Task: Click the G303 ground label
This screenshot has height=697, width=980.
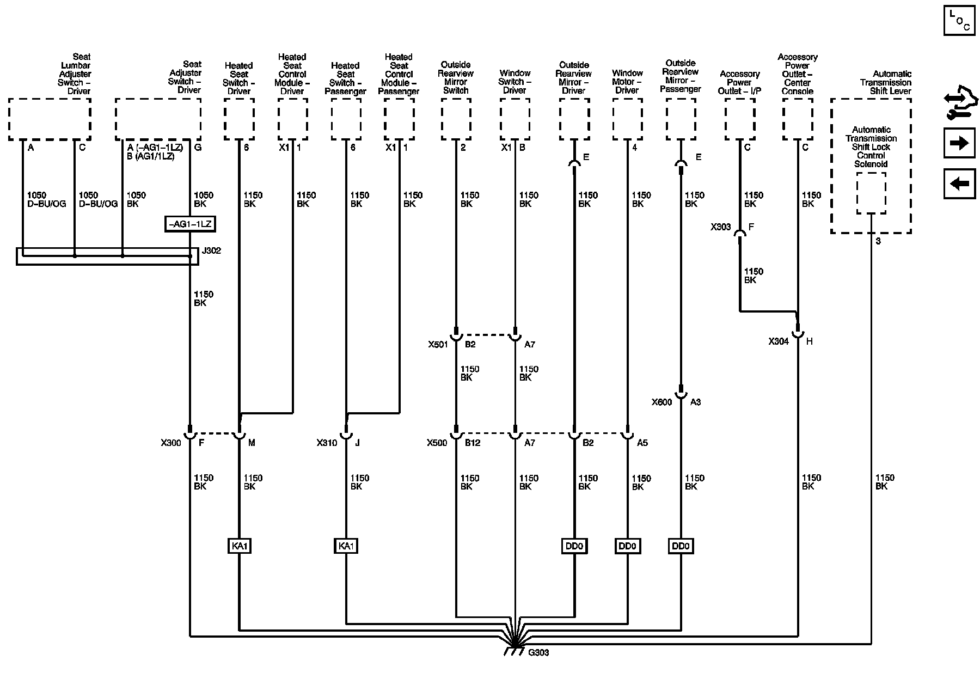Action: point(538,652)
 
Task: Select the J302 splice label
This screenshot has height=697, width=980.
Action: point(211,251)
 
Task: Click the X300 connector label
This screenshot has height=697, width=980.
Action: point(170,443)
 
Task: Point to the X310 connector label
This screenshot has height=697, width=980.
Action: point(327,443)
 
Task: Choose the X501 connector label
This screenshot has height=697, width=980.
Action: point(437,344)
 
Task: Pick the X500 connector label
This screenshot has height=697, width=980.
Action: point(437,443)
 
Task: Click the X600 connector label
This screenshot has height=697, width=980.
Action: point(661,402)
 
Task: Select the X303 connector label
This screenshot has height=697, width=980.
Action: point(720,227)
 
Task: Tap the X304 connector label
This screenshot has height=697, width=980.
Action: point(779,341)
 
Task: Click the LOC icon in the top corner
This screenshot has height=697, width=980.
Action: point(959,21)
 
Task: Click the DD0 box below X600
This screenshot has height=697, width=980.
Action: point(681,546)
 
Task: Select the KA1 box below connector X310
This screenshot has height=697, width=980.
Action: point(346,546)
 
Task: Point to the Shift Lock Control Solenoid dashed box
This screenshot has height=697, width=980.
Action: point(871,194)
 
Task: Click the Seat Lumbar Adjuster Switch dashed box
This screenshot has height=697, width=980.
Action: point(50,120)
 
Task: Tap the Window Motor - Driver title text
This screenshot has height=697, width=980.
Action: point(627,82)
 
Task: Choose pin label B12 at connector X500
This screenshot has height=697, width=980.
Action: point(472,443)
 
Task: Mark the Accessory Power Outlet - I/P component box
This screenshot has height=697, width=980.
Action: point(740,120)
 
